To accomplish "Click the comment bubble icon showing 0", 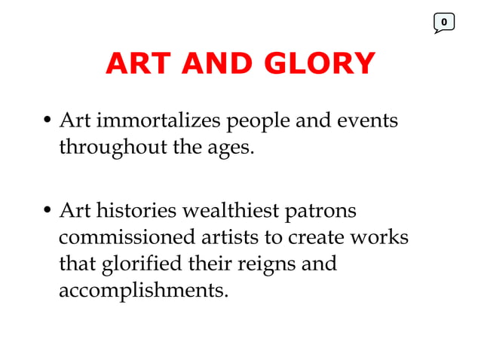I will point(444,23).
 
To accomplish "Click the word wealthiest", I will point(231,211).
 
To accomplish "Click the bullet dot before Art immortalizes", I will point(47,122).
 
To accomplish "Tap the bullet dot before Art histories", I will point(47,212).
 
